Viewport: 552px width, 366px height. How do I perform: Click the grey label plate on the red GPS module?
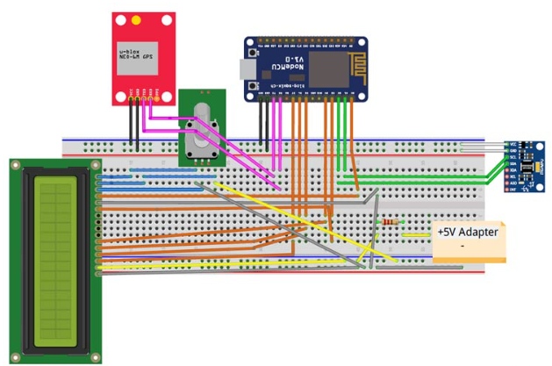(139, 56)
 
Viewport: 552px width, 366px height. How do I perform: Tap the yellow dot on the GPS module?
(135, 21)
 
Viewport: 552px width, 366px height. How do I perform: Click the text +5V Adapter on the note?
(467, 232)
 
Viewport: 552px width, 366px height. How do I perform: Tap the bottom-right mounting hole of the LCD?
(95, 355)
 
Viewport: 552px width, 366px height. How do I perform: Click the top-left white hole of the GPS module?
(120, 20)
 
